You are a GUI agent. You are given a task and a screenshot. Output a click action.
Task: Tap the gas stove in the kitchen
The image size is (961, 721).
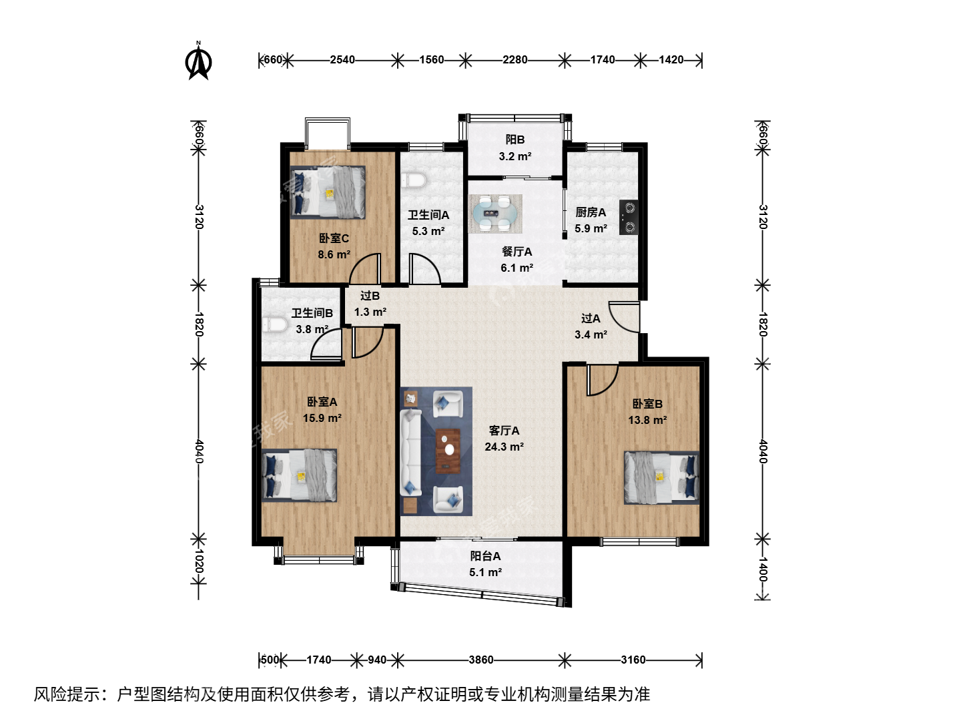coord(628,217)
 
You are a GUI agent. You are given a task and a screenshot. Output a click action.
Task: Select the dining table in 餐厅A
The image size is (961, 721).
coord(496,214)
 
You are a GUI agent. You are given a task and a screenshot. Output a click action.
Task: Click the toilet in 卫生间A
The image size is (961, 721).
coord(414,180)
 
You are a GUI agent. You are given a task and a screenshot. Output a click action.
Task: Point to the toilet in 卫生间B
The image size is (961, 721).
coord(275,325)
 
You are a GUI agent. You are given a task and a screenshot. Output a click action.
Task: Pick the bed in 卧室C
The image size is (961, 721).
coord(328,192)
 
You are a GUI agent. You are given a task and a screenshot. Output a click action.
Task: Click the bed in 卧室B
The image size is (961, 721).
coord(661,477)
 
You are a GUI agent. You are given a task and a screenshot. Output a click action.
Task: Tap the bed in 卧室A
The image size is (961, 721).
coord(300,475)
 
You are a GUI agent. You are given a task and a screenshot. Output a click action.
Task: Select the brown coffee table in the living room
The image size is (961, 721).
coord(448,451)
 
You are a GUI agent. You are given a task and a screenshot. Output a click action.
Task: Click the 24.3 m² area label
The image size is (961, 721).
coord(505,447)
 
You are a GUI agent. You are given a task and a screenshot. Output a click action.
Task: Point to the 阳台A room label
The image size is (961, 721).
coord(485,556)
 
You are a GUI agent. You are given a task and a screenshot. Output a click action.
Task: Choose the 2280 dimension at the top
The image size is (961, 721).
coord(515,59)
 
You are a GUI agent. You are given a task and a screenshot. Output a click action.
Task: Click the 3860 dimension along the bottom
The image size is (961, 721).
coord(481,660)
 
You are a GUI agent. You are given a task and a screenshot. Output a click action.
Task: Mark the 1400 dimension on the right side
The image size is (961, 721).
coord(763,569)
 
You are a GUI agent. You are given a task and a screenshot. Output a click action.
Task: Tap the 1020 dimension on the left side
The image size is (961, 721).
coord(199,561)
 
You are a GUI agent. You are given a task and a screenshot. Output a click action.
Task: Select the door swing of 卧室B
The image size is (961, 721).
coord(603,380)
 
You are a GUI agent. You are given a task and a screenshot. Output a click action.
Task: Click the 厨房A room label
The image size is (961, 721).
coord(591,212)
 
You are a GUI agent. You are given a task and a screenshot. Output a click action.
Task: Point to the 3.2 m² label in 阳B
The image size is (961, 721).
coord(515,156)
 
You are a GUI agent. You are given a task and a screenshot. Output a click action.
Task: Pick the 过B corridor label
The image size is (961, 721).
coord(370,296)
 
